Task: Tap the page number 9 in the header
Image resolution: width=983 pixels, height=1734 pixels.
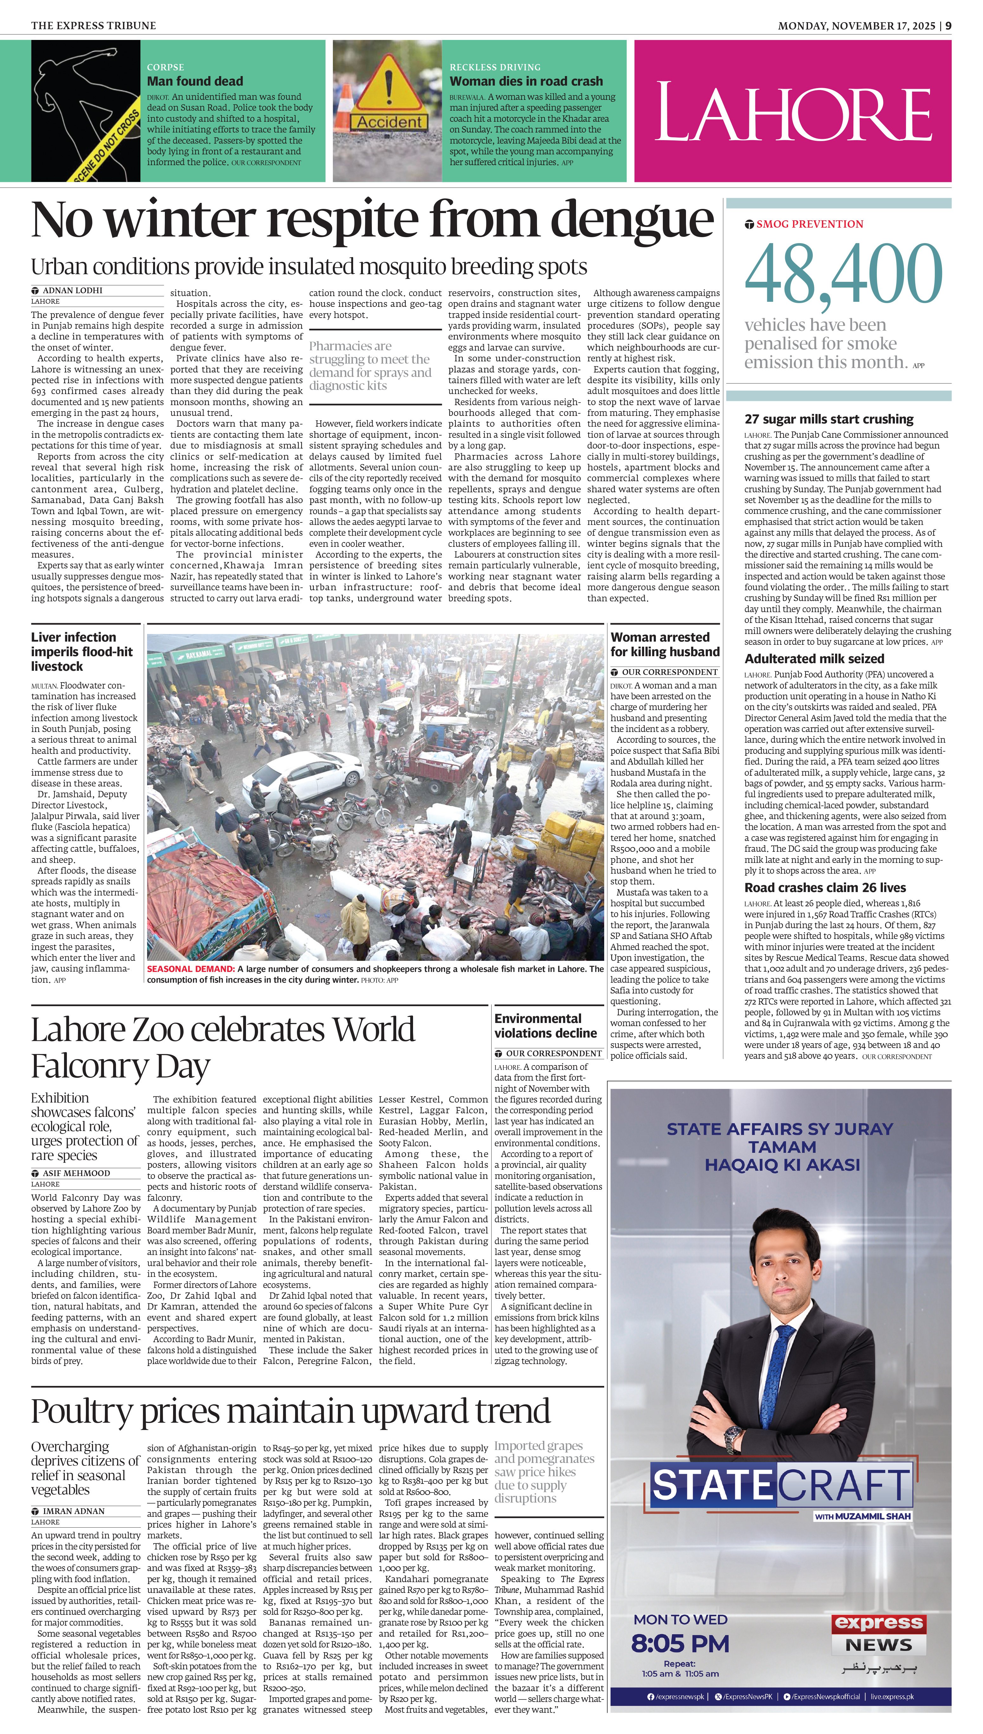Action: point(948,26)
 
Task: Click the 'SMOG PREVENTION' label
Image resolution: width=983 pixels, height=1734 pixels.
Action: point(810,224)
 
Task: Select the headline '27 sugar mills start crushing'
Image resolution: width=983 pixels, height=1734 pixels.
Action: point(829,419)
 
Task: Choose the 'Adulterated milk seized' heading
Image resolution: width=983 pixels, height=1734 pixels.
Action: point(814,659)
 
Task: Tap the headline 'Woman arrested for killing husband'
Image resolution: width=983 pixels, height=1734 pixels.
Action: point(665,644)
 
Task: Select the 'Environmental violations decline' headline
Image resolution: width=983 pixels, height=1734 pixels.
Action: point(546,1026)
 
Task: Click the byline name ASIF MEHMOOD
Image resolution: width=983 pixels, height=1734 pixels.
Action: point(76,1173)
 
